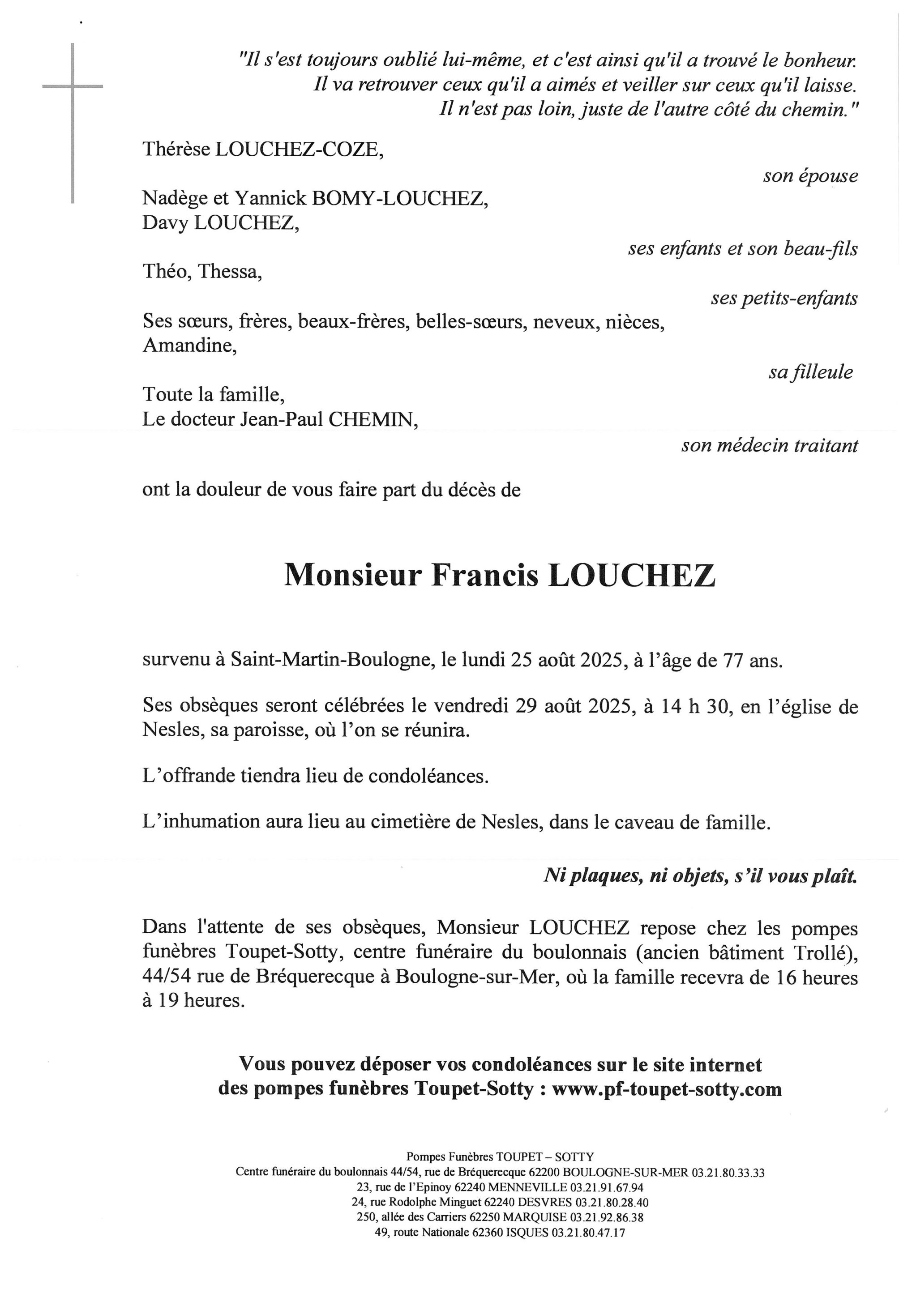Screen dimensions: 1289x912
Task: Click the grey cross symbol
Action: coord(73,87)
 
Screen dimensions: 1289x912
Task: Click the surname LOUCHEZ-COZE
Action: coord(300,149)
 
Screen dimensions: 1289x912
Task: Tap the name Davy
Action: coord(165,224)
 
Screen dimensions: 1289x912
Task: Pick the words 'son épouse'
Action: coord(810,176)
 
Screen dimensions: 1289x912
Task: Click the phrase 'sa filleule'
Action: coord(810,372)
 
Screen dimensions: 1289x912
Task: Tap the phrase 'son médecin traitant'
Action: coord(769,446)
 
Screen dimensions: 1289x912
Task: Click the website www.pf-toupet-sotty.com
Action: coord(667,1090)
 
